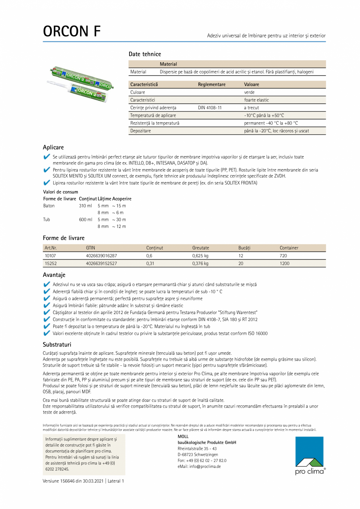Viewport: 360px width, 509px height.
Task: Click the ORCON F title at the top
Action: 72,32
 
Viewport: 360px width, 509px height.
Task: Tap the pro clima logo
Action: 310,455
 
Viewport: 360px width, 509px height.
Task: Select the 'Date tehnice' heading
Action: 145,54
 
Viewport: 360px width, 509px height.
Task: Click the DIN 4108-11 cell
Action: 210,108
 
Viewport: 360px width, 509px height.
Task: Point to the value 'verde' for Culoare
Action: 249,92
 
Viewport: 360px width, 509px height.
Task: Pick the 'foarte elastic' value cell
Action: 256,100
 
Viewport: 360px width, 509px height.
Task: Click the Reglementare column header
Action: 212,85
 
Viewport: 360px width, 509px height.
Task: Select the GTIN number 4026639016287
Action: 101,256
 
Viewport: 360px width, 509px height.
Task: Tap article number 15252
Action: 51,264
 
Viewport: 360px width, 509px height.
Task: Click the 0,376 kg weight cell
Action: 200,264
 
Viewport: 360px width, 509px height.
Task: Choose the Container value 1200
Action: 284,264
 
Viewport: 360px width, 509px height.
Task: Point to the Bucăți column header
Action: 244,248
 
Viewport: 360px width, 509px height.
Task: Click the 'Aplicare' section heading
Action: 53,148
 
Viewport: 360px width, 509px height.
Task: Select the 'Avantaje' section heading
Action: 54,275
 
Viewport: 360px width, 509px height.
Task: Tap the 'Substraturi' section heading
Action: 57,345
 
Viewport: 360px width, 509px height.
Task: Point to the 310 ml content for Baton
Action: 85,206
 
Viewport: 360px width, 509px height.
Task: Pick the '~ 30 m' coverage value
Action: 119,220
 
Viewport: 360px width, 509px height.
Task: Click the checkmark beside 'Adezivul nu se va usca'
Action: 47,285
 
